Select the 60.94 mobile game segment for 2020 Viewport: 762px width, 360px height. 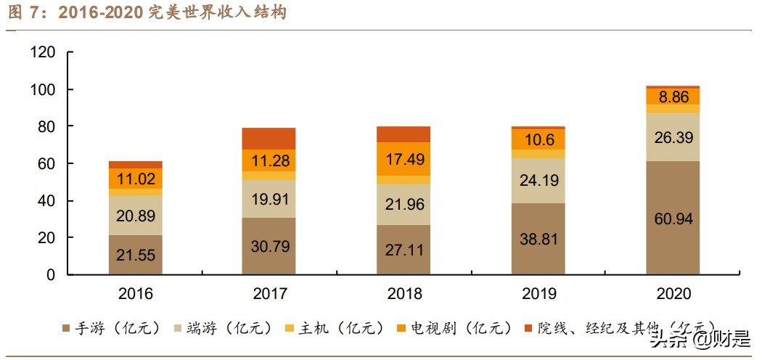[x=673, y=218]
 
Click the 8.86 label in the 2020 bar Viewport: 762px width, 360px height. [x=673, y=97]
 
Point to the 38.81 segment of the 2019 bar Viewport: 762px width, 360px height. [x=538, y=239]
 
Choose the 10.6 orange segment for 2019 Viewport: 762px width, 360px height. [x=538, y=139]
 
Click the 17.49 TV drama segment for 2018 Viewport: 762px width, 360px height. [x=403, y=159]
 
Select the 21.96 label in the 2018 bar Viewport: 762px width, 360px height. [x=403, y=204]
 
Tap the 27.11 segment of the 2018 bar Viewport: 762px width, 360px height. [x=403, y=250]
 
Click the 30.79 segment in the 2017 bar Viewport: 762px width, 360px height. [x=269, y=246]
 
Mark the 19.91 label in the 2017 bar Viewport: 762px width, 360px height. [x=269, y=200]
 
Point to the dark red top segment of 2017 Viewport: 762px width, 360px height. [x=269, y=139]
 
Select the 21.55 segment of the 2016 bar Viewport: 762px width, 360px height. [x=135, y=255]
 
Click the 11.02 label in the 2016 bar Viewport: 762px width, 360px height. [x=135, y=179]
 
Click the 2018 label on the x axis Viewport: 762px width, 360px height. [x=403, y=294]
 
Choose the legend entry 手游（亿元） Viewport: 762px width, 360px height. [x=115, y=328]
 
